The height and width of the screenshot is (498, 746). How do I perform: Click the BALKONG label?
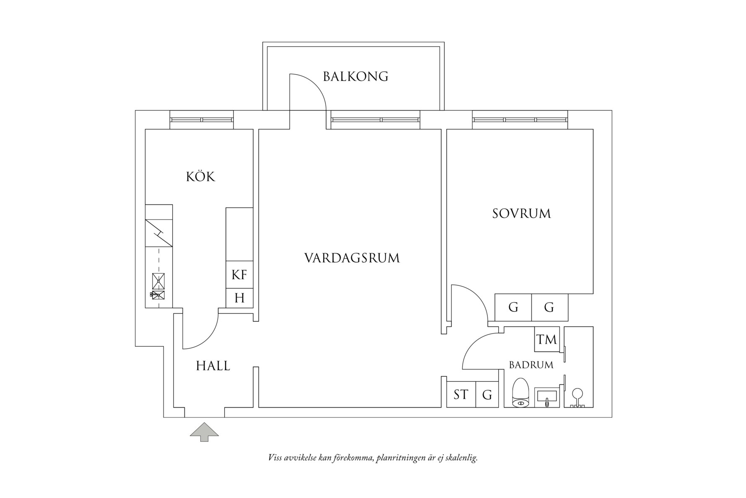point(355,76)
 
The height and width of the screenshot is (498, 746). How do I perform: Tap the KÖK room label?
point(200,177)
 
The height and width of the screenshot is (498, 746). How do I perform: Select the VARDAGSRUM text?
point(352,258)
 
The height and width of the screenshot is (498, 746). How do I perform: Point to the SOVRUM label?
point(521,214)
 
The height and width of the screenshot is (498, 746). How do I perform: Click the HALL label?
point(213,366)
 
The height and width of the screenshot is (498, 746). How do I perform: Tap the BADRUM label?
point(531,365)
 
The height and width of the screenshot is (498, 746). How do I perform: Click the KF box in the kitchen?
point(239,275)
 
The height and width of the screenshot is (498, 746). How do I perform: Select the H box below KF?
point(239,298)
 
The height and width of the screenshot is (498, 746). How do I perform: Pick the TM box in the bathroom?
point(547,339)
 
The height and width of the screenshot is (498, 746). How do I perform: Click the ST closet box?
point(461,394)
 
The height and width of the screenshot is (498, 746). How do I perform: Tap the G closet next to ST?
point(487,394)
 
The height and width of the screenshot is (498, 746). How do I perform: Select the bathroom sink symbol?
point(547,397)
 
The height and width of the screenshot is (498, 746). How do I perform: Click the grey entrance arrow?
point(204,432)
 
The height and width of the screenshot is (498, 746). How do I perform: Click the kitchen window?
point(202,120)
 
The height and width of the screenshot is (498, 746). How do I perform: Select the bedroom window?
point(520,120)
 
